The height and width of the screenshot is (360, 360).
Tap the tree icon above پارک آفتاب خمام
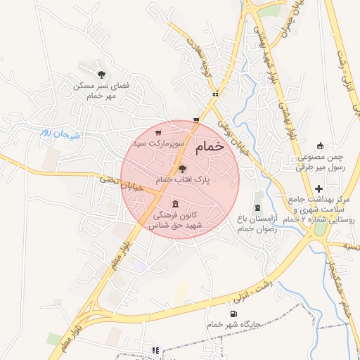(182, 169)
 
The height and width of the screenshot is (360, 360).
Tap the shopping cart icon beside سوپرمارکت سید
(159, 131)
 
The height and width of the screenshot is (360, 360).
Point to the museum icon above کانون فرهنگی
(174, 204)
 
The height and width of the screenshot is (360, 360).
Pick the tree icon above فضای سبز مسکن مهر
(103, 75)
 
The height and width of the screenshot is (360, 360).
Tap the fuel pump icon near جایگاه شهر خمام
(233, 314)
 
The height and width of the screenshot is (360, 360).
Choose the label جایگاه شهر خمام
(234, 325)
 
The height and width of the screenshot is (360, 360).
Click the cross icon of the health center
(319, 188)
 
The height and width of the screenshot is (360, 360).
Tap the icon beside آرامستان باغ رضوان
(257, 207)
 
